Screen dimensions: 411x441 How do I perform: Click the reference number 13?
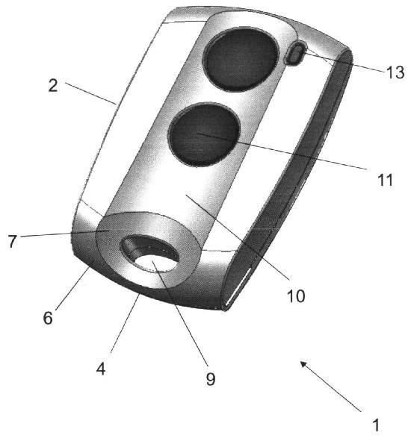395,72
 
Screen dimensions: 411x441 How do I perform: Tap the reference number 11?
385,180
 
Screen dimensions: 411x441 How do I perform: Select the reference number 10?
296,296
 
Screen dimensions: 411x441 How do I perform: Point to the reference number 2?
53,86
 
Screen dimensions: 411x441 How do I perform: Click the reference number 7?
12,242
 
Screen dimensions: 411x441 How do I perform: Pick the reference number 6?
48,318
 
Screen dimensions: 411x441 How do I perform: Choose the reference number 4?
101,369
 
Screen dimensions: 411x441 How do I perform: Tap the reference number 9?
211,378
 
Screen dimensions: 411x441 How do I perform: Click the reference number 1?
376,425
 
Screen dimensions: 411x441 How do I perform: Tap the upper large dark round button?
241,59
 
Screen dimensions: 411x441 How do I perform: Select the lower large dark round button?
205,134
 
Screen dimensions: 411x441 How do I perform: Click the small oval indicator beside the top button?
295,53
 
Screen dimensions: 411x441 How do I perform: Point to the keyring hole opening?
149,254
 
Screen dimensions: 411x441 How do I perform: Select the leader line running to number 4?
125,322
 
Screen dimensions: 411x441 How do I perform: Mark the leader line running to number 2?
90,93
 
